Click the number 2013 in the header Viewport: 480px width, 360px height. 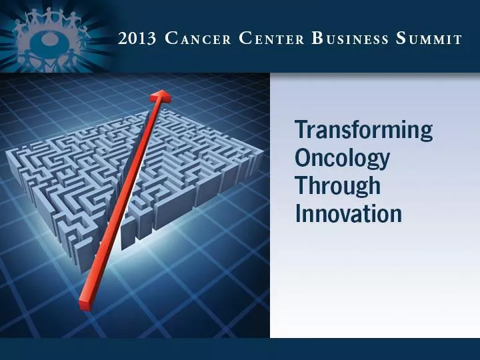[x=136, y=39]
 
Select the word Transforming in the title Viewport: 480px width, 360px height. [x=363, y=131]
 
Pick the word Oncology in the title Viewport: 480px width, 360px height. [x=342, y=159]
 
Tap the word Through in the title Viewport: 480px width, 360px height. [x=337, y=186]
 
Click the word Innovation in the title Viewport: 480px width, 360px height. [x=348, y=213]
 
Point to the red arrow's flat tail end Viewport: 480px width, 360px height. [x=85, y=305]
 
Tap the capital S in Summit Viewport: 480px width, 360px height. [x=401, y=38]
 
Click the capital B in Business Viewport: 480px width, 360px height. [x=317, y=38]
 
